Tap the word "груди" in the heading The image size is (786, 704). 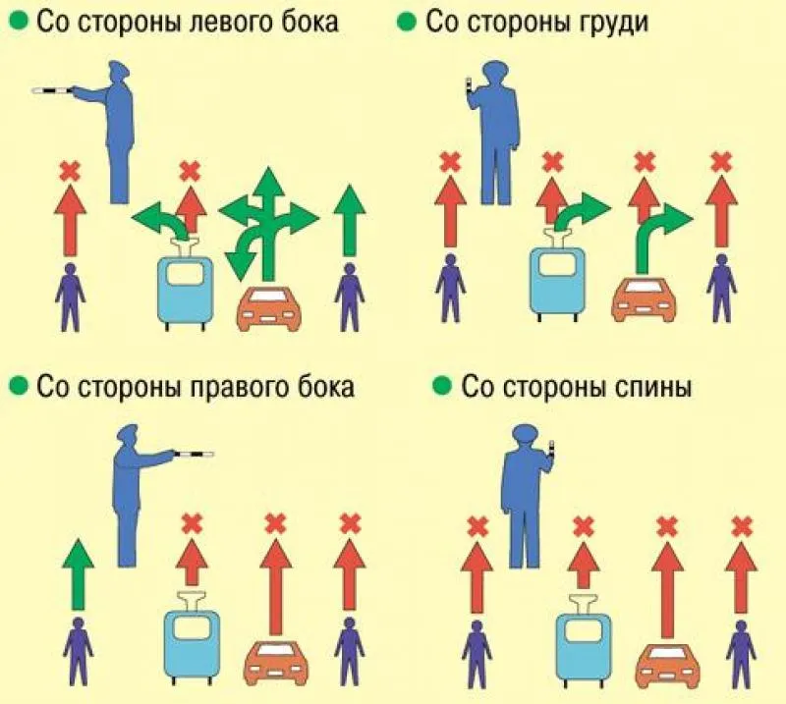(x=613, y=23)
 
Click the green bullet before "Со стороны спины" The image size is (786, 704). (x=441, y=385)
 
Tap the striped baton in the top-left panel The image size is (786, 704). (x=53, y=90)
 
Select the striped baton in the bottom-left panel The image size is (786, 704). (x=194, y=455)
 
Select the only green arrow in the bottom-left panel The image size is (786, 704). (x=78, y=574)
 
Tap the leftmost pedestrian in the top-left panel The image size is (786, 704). (x=70, y=298)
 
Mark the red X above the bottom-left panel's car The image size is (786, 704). (x=274, y=523)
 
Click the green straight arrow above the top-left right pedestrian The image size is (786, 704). (x=350, y=221)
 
